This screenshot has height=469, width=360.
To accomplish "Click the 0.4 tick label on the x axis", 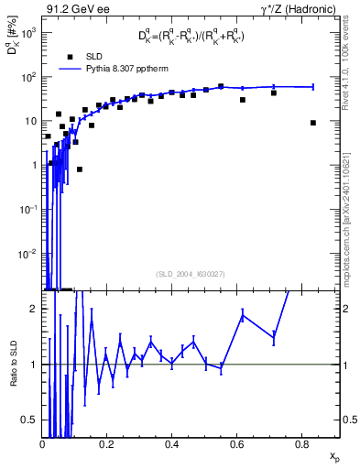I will click(171, 445).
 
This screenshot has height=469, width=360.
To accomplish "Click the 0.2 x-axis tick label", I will click(107, 445).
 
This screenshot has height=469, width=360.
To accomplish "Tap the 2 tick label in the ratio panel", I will click(34, 309).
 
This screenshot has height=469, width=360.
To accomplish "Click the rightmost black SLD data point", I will click(313, 123).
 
